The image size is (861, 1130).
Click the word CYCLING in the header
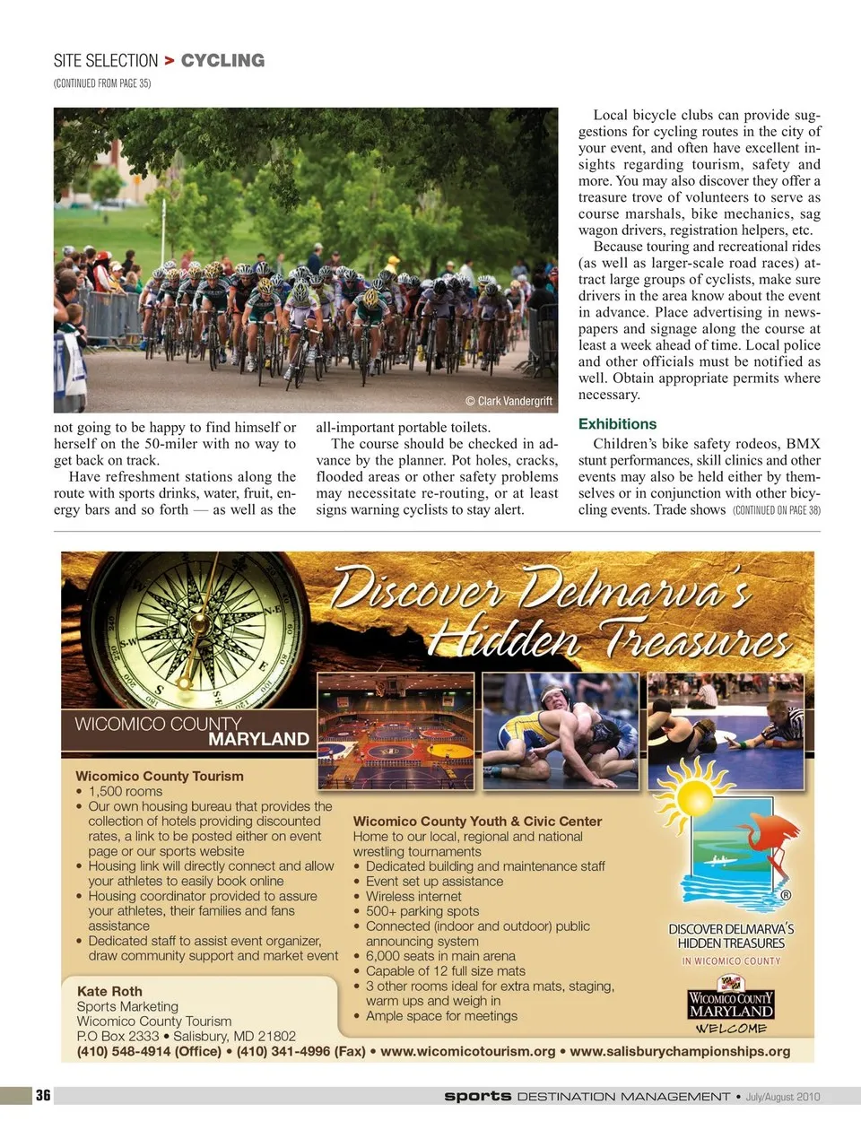(222, 61)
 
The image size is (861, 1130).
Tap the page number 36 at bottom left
(43, 1095)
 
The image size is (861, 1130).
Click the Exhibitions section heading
(617, 424)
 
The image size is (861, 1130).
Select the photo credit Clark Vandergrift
(509, 401)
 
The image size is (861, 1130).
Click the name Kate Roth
(109, 991)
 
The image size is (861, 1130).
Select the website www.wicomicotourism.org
(467, 1051)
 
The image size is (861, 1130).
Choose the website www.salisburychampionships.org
(680, 1051)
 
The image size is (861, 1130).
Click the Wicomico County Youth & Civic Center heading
(477, 821)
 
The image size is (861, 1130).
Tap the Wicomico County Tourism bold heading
(160, 776)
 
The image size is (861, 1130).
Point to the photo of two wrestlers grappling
(561, 732)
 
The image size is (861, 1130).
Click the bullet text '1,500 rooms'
(126, 791)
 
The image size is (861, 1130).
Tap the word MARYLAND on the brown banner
(258, 739)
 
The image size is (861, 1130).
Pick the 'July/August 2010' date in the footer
(782, 1096)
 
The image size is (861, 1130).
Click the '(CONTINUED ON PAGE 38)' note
(776, 510)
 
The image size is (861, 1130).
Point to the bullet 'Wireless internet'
(413, 896)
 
